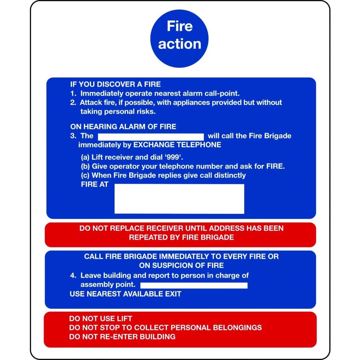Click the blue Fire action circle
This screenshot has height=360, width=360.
click(179, 39)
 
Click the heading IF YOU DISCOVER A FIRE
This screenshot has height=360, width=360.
click(116, 84)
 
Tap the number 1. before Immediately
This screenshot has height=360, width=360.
click(73, 94)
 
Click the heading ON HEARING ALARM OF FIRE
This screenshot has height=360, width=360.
click(123, 126)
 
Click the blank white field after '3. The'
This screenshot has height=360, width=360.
click(151, 137)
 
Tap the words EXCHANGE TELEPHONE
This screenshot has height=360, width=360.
click(177, 145)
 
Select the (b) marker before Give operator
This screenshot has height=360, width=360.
click(85, 166)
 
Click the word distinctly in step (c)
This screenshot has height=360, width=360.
click(230, 175)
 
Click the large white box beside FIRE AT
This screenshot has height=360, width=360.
click(179, 199)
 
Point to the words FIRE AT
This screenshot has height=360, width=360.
click(95, 184)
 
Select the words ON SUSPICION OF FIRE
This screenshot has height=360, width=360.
click(181, 265)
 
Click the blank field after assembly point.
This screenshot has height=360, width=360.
click(194, 285)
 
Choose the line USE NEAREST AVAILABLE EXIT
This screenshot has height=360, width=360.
click(125, 294)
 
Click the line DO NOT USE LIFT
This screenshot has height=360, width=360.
click(100, 319)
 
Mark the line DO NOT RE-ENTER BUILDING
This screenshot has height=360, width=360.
click(122, 337)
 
